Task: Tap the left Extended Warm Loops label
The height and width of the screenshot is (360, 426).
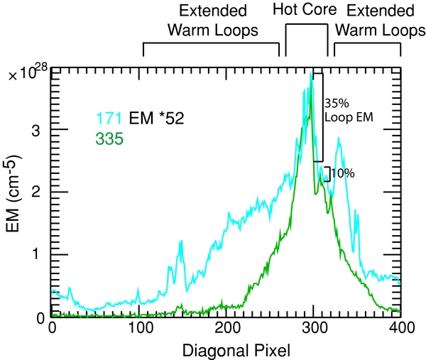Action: click(212, 21)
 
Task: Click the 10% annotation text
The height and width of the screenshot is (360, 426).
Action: click(342, 173)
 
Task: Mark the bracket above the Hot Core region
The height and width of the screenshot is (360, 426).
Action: click(307, 26)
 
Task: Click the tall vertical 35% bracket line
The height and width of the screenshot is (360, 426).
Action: click(323, 117)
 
